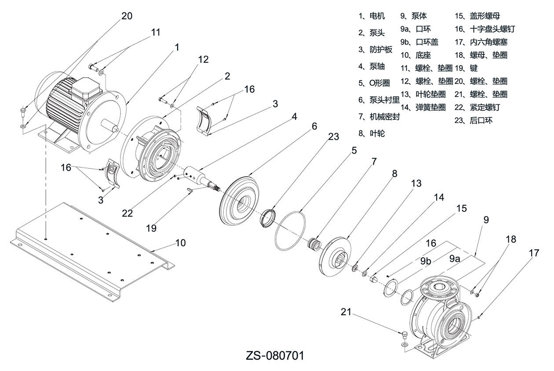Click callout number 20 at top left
pyautogui.click(x=126, y=16)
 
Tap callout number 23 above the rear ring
pyautogui.click(x=334, y=137)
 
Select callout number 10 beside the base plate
pyautogui.click(x=180, y=243)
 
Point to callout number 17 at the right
pyautogui.click(x=534, y=253)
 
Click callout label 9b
pyautogui.click(x=425, y=260)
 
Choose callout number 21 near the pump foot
pyautogui.click(x=346, y=312)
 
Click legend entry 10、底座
pyautogui.click(x=415, y=56)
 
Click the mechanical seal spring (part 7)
pyautogui.click(x=315, y=244)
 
